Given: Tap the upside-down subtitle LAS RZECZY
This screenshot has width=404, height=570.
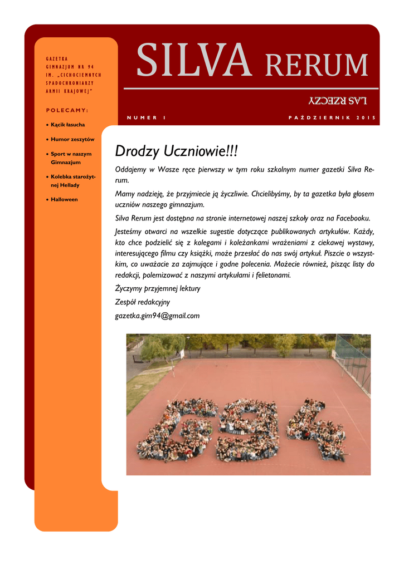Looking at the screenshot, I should point(338,100).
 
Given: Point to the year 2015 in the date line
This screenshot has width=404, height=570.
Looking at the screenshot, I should point(366,117).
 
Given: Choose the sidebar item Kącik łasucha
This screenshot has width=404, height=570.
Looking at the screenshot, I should point(68,125).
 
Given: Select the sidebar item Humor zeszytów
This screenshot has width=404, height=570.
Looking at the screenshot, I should point(72,139).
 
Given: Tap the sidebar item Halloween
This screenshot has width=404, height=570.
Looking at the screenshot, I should point(64,199).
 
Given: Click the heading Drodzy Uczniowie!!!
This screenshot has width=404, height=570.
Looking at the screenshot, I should point(176,151).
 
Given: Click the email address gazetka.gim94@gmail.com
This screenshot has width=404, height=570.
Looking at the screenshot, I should point(157,316).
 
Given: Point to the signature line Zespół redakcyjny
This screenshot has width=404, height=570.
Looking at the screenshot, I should point(142,302).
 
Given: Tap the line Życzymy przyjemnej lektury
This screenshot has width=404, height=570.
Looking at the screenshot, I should point(157,288).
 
